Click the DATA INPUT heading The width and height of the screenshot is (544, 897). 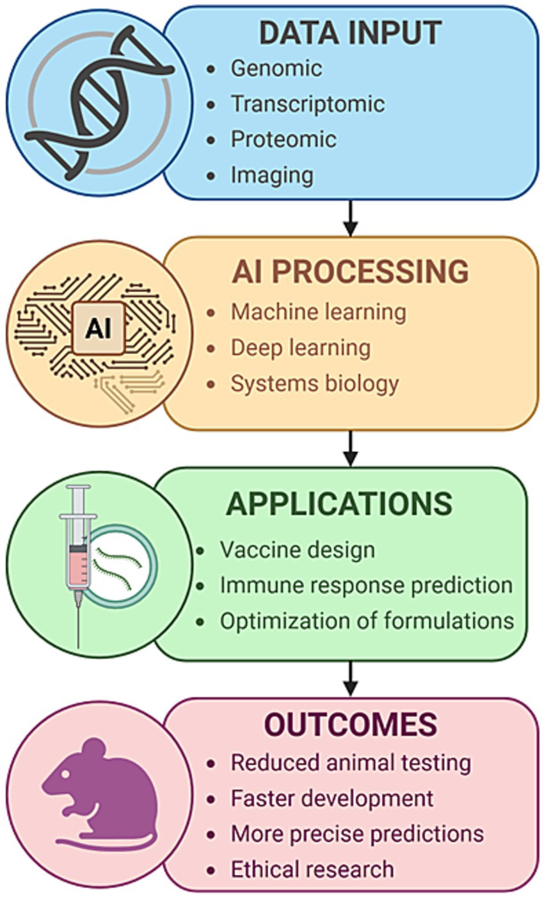pos(350,33)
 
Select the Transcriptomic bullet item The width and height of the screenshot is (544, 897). pos(307,104)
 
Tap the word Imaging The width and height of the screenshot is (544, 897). pos(272,175)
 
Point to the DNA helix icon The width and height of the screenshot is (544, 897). pos(99,102)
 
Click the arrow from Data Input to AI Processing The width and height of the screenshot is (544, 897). pos(349,218)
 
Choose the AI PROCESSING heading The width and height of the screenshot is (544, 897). pos(350,271)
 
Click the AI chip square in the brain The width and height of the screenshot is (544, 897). pos(99,328)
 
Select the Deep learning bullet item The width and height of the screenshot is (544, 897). pos(300,348)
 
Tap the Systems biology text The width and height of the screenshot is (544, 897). pos(314,384)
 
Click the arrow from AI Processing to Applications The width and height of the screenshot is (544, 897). pos(349,448)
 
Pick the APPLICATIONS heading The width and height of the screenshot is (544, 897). pos(339,505)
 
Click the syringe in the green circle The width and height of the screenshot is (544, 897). pos(77,551)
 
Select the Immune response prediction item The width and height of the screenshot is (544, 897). pos(365,585)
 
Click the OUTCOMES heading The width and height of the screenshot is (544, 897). pos(350,725)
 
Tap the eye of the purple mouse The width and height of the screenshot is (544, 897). pos(65,774)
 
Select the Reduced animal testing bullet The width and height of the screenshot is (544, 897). pos(350,763)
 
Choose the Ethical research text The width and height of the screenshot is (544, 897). pos(312,869)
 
